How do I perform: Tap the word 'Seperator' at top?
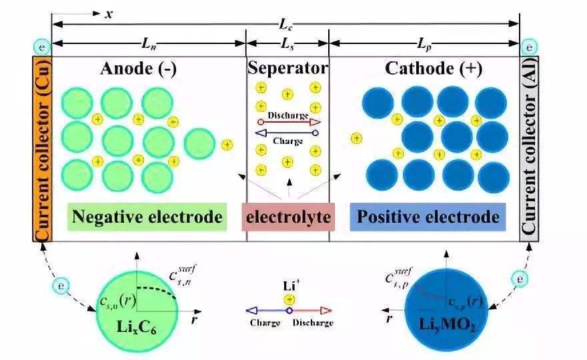287,68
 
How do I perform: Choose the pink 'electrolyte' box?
287,217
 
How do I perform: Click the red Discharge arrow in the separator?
288,122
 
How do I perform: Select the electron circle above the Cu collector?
41,47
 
